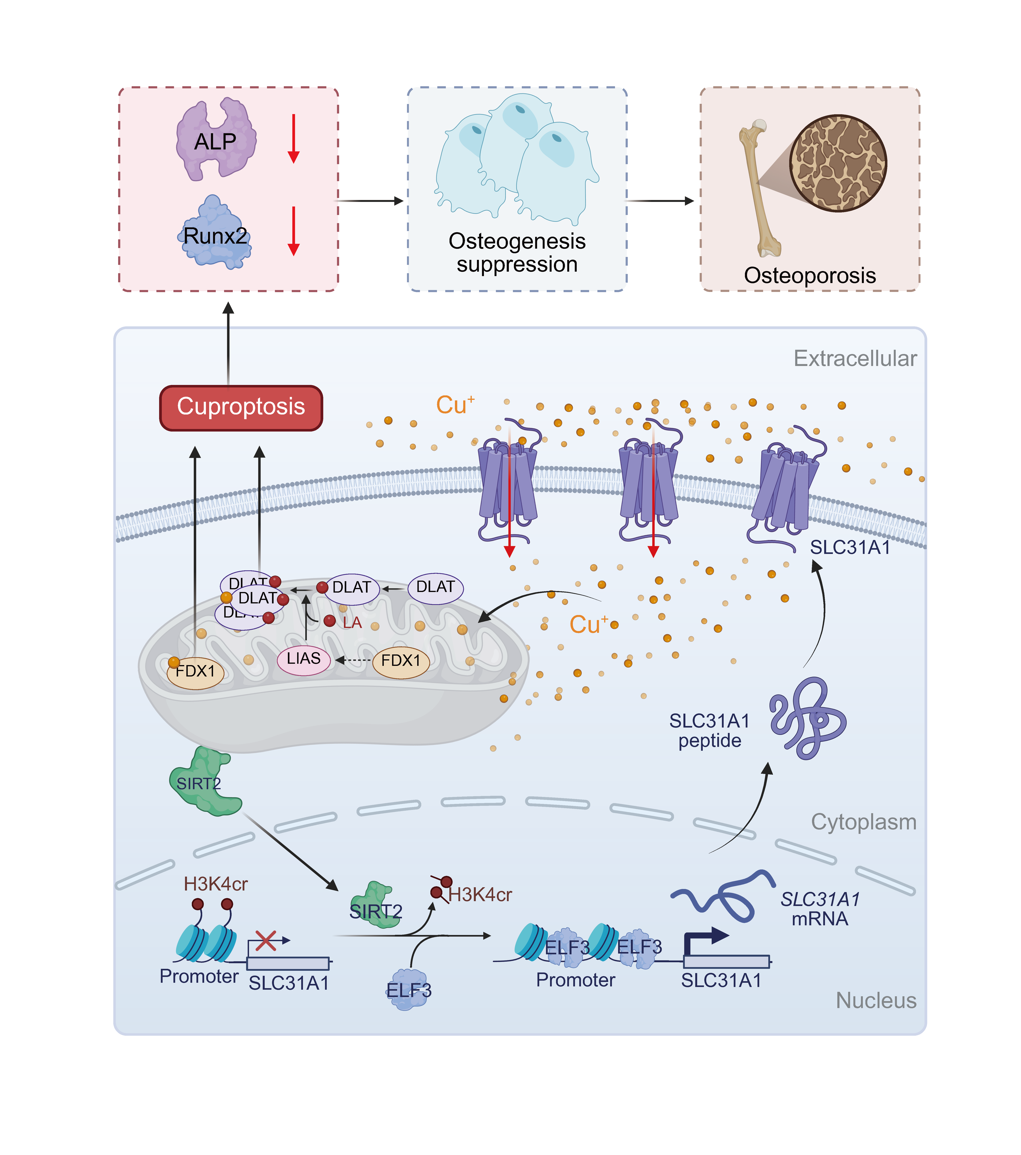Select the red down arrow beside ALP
pos(293,138)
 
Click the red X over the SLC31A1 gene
pos(266,941)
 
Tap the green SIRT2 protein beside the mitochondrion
pos(203,783)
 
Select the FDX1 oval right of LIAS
pos(401,661)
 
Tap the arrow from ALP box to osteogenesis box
pos(370,201)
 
